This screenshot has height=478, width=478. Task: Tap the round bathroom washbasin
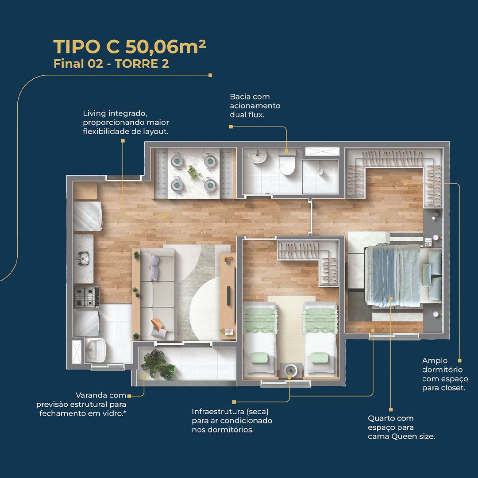pyautogui.click(x=258, y=156)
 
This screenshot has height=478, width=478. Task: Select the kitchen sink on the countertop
pyautogui.click(x=83, y=258)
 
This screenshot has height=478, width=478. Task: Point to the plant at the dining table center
pyautogui.click(x=193, y=173)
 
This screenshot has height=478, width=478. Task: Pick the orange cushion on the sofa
pyautogui.click(x=157, y=323)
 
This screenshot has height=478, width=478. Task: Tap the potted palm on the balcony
pyautogui.click(x=158, y=365)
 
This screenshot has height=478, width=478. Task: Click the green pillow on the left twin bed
pyautogui.click(x=259, y=357)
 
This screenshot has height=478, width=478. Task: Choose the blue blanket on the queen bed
pyautogui.click(x=393, y=275)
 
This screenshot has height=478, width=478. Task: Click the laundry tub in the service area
pyautogui.click(x=95, y=350)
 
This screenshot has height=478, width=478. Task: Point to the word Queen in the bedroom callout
pyautogui.click(x=403, y=436)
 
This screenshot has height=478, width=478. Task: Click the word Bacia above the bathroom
pyautogui.click(x=239, y=96)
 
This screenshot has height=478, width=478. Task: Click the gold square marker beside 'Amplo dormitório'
pyautogui.click(x=460, y=361)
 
